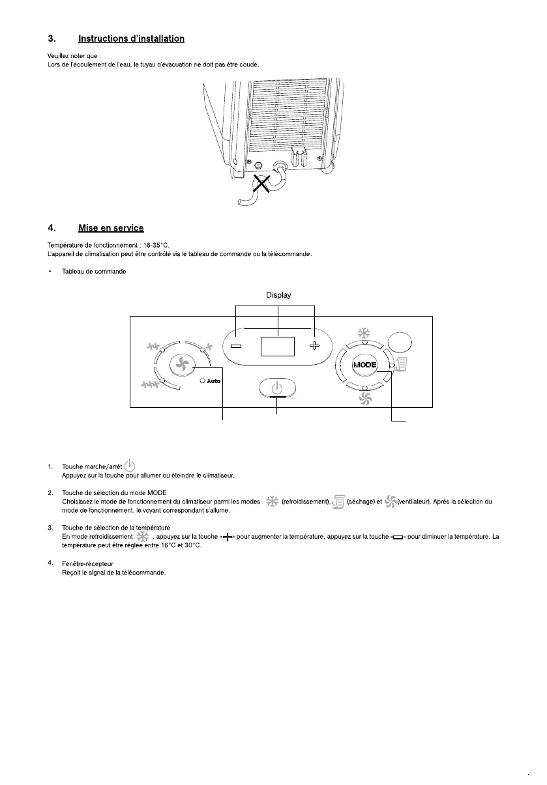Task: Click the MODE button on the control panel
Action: (x=365, y=365)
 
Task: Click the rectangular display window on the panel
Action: (x=278, y=347)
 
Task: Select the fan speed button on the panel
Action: (x=182, y=365)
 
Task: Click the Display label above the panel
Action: (x=278, y=295)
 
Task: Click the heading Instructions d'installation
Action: (x=131, y=39)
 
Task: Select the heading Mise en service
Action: (x=111, y=228)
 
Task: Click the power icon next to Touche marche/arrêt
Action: (x=130, y=465)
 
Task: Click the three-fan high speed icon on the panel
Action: (x=152, y=386)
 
